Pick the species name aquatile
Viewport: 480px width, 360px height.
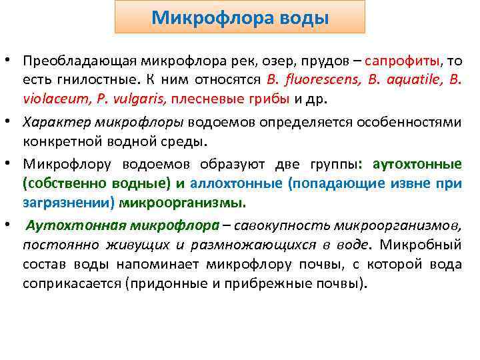[x=405, y=81]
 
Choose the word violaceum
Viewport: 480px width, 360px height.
[x=50, y=100]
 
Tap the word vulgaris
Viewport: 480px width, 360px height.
[x=141, y=100]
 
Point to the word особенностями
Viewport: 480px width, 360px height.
[x=413, y=123]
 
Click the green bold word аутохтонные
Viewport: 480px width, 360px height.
[x=417, y=164]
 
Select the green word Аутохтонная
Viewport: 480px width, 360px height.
[x=69, y=225]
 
